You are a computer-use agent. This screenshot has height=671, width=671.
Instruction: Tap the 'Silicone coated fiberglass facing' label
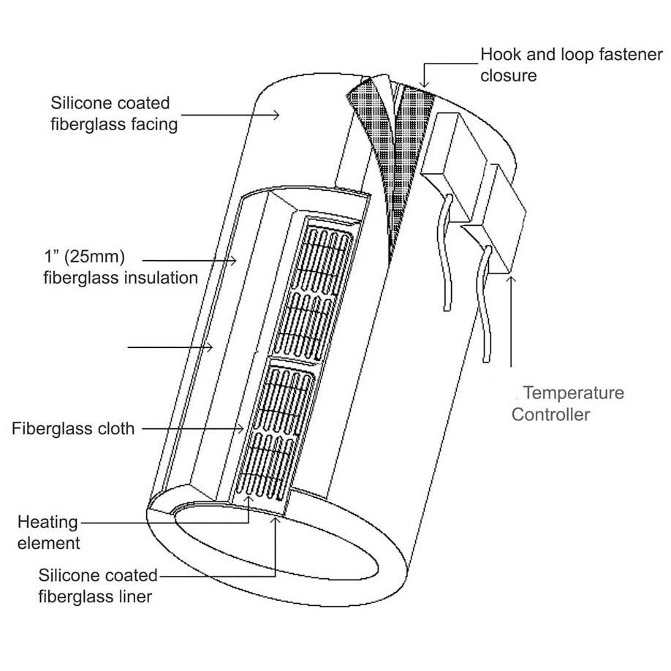point(114,113)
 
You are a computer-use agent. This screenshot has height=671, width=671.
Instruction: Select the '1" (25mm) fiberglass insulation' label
point(121,268)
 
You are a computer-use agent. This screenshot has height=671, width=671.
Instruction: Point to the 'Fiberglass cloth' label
point(73,428)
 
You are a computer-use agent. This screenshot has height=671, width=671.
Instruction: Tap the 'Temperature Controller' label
point(567,403)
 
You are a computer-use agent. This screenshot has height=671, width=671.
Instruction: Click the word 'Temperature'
point(573,393)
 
